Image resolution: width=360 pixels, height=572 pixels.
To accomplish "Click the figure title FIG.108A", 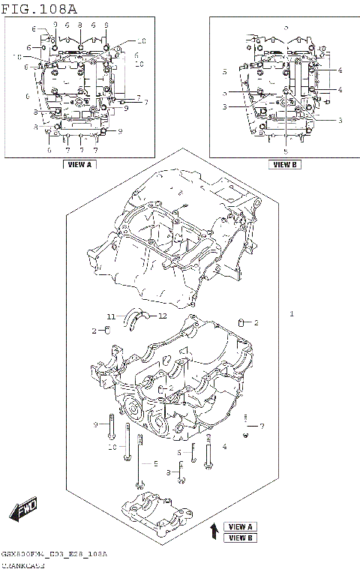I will pos(39,8).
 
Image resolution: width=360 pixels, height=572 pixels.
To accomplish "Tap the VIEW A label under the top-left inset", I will pos(79,163).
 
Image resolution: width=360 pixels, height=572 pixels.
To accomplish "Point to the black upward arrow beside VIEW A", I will pos(214,532).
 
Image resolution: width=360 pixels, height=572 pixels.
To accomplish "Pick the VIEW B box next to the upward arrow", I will pos(241,538).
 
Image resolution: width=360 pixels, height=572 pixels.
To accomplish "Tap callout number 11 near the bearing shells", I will pos(109,316).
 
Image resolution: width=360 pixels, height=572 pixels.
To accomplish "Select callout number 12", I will pos(162,316).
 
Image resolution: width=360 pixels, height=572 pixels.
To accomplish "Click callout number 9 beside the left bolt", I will pos(96,425).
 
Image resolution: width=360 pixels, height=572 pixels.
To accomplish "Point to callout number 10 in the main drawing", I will pos(112,447).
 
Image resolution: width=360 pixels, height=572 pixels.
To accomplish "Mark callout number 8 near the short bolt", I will pos(169,472).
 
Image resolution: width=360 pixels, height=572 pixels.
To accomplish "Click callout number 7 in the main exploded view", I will pos(262,426).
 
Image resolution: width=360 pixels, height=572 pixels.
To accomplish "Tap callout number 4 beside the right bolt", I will pos(224,447).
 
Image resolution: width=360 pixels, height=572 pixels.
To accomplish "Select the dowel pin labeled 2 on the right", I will pos(241,323).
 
